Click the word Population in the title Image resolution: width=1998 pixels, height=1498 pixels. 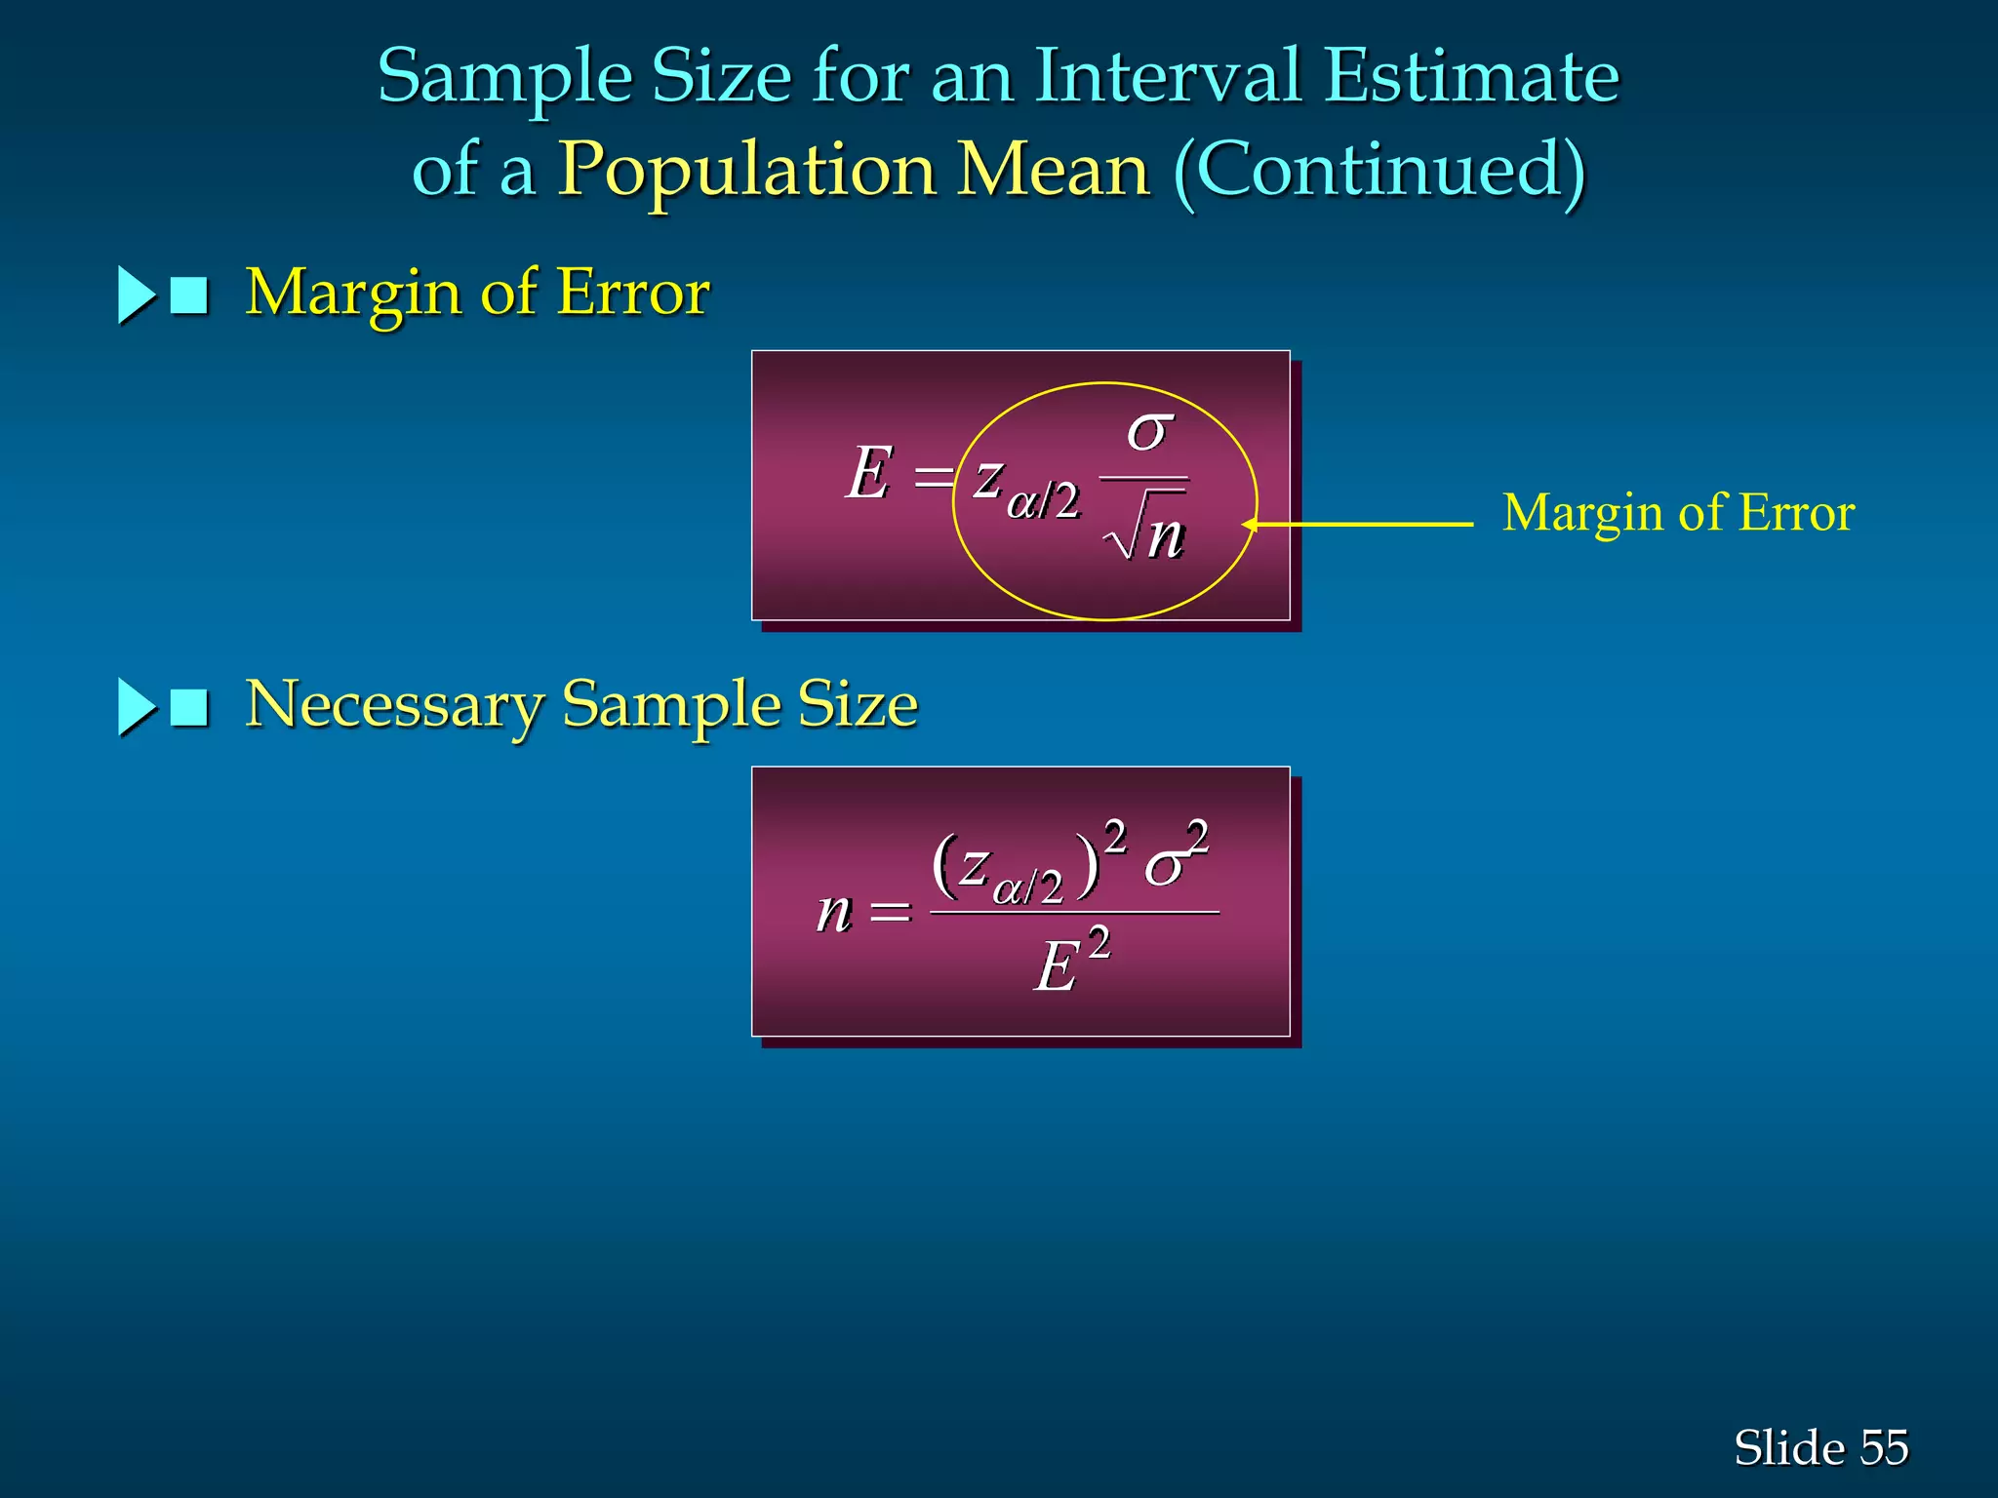click(x=746, y=172)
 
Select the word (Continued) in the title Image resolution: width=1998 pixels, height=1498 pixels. click(x=1379, y=172)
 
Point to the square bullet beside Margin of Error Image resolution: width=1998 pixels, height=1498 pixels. click(x=189, y=296)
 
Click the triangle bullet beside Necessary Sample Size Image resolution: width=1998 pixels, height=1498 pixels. click(x=136, y=707)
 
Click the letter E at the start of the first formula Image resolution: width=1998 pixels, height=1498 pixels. click(x=869, y=474)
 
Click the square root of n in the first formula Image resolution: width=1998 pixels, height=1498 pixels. click(x=1145, y=532)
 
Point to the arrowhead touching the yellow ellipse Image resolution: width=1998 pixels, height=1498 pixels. click(x=1251, y=525)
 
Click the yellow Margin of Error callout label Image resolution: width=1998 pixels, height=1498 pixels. click(x=1678, y=513)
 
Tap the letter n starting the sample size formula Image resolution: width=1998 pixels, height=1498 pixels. click(x=834, y=913)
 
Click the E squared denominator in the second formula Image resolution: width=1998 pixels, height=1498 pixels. click(x=1071, y=963)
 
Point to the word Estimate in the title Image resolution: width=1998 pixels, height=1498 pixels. click(x=1471, y=76)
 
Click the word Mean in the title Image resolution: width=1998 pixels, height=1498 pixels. click(x=1055, y=172)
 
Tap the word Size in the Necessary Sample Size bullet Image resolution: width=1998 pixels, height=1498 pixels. click(x=858, y=705)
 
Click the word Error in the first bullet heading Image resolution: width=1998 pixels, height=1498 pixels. click(x=633, y=293)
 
